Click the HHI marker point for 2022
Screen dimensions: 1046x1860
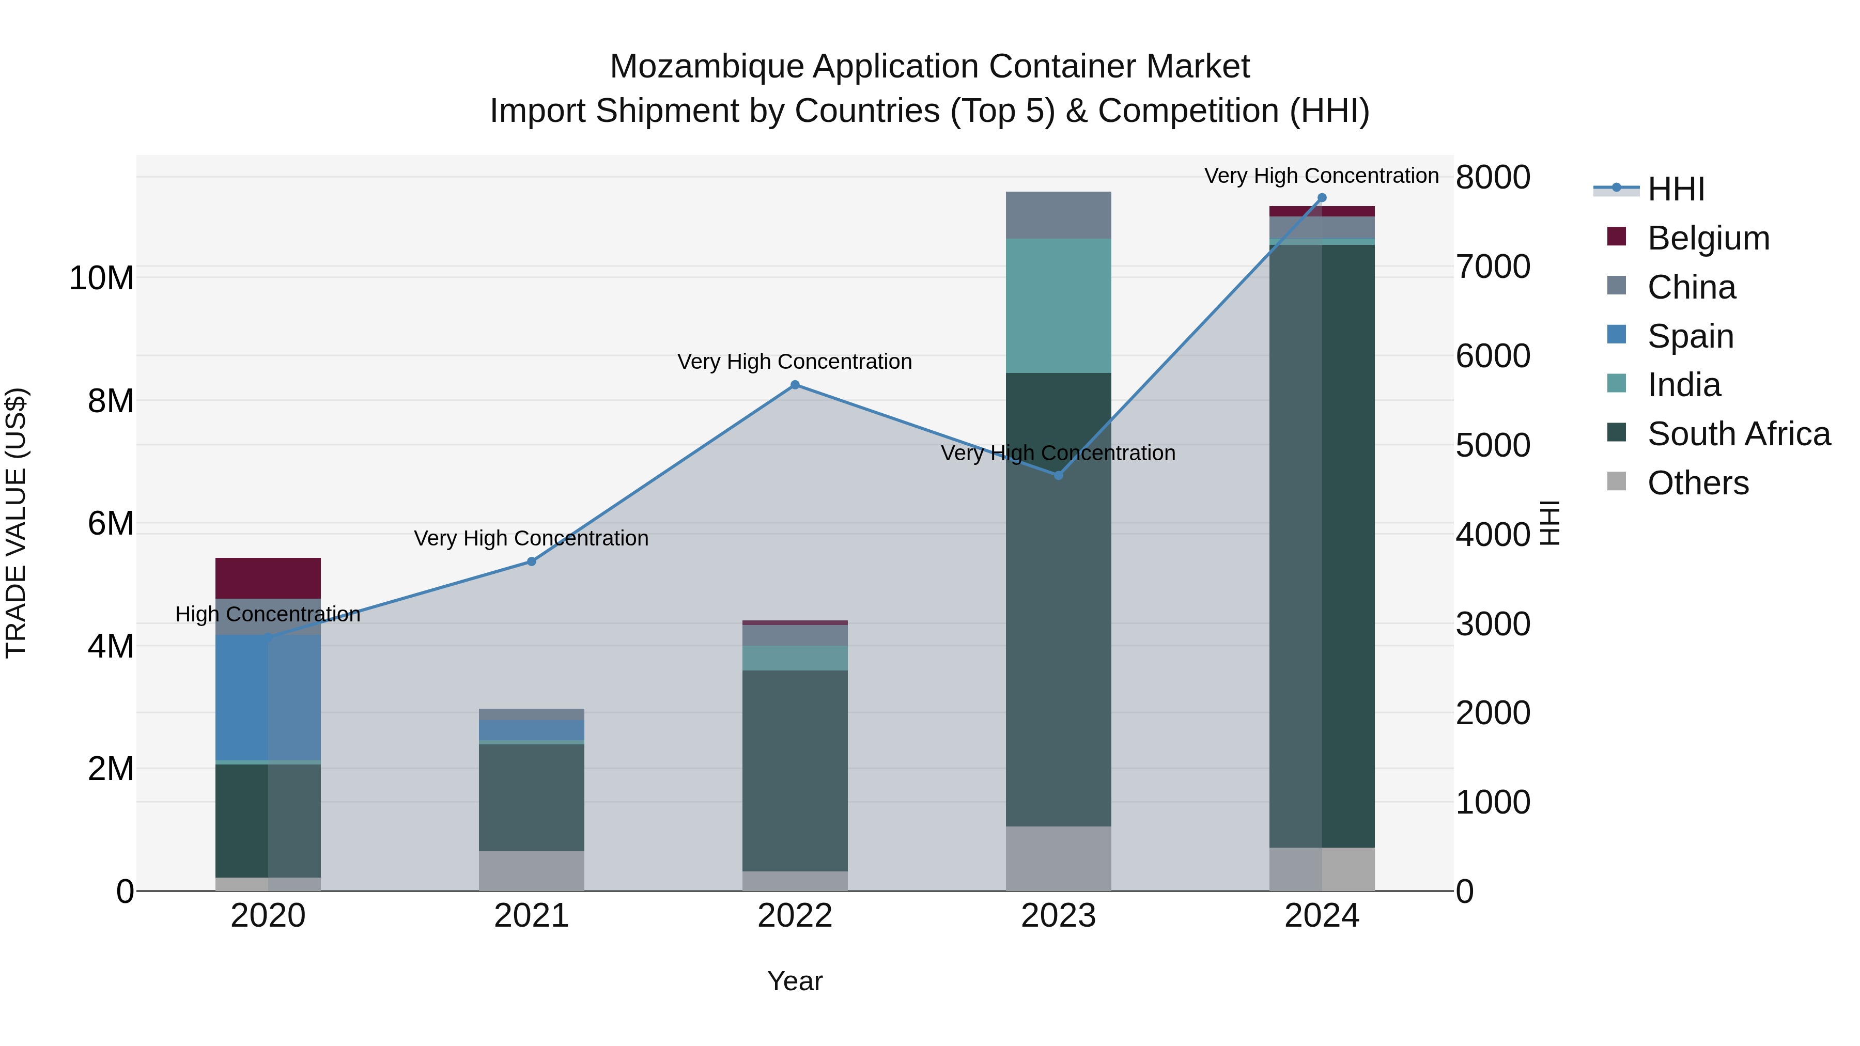[795, 385]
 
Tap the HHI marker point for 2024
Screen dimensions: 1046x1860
[1322, 198]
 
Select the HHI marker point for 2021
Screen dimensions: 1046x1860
[532, 561]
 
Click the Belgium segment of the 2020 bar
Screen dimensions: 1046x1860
[268, 578]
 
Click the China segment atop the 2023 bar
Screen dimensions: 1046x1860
[1059, 215]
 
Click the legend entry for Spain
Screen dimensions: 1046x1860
[1690, 336]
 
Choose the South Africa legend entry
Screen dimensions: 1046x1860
[1738, 434]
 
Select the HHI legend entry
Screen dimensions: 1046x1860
[1675, 189]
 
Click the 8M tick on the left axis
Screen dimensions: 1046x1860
[111, 401]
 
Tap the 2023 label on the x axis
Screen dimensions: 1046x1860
[1059, 916]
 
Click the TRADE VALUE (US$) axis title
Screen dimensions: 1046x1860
[16, 523]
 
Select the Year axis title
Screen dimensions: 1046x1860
[795, 981]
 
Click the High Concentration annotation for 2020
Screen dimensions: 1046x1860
[268, 614]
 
